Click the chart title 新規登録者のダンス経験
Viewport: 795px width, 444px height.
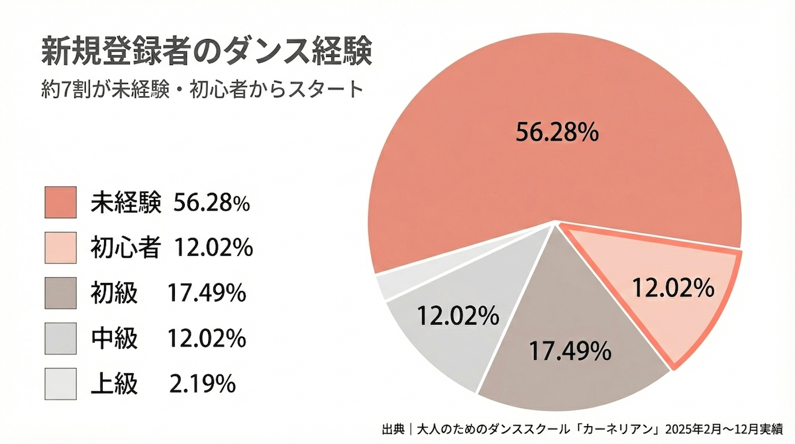tap(205, 52)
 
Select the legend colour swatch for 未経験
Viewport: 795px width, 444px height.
tap(62, 202)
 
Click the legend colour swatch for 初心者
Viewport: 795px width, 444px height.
tap(62, 247)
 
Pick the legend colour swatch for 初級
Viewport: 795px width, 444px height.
tap(62, 292)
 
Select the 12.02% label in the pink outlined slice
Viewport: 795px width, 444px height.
tap(672, 288)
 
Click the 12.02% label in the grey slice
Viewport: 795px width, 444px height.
tap(457, 316)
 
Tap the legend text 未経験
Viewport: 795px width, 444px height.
tap(125, 203)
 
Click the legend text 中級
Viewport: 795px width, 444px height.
tap(114, 338)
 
